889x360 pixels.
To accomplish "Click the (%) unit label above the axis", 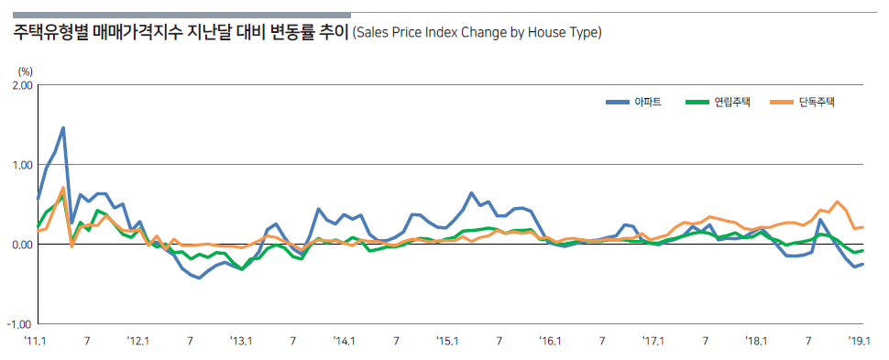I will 25,70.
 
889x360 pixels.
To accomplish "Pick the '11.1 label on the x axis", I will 35,341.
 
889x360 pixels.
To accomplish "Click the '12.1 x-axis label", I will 137,341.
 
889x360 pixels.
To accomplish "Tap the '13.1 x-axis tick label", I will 241,341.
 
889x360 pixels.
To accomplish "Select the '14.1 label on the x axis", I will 345,341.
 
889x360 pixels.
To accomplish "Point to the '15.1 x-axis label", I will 447,341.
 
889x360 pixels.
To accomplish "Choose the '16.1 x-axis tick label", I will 551,341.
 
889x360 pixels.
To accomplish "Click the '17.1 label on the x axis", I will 653,341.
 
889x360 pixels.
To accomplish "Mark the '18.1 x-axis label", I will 757,341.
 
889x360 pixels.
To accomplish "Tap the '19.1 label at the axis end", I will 858,341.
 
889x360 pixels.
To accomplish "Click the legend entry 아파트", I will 647,102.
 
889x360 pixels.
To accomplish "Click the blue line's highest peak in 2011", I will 63,128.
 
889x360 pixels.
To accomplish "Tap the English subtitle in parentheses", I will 477,34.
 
